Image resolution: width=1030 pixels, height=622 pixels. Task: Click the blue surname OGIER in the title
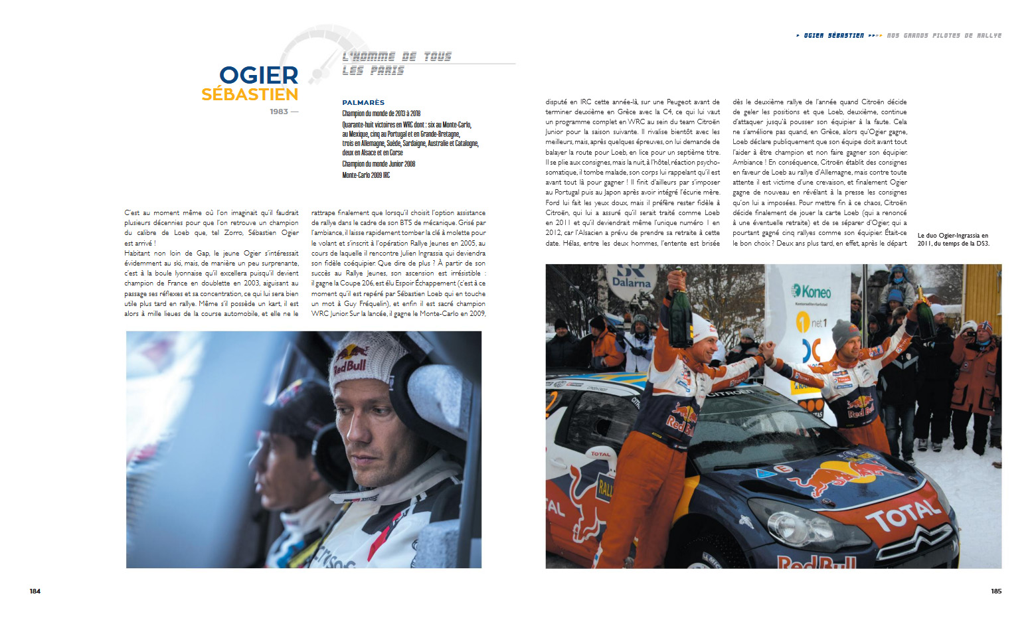click(x=258, y=76)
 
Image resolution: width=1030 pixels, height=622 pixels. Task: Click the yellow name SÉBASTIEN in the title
click(x=250, y=95)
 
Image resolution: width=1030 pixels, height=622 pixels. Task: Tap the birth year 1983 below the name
click(x=279, y=112)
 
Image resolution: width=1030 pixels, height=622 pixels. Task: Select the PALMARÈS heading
click(x=363, y=102)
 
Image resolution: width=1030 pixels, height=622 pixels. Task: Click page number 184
click(x=35, y=591)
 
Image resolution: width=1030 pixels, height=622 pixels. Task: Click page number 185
click(x=996, y=591)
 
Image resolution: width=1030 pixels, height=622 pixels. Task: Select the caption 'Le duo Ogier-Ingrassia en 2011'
click(x=953, y=240)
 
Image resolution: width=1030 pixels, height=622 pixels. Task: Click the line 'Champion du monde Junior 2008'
click(x=379, y=164)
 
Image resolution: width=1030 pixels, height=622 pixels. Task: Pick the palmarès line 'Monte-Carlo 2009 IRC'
click(x=366, y=175)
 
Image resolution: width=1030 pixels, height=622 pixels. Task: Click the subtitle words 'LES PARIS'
click(x=373, y=70)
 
